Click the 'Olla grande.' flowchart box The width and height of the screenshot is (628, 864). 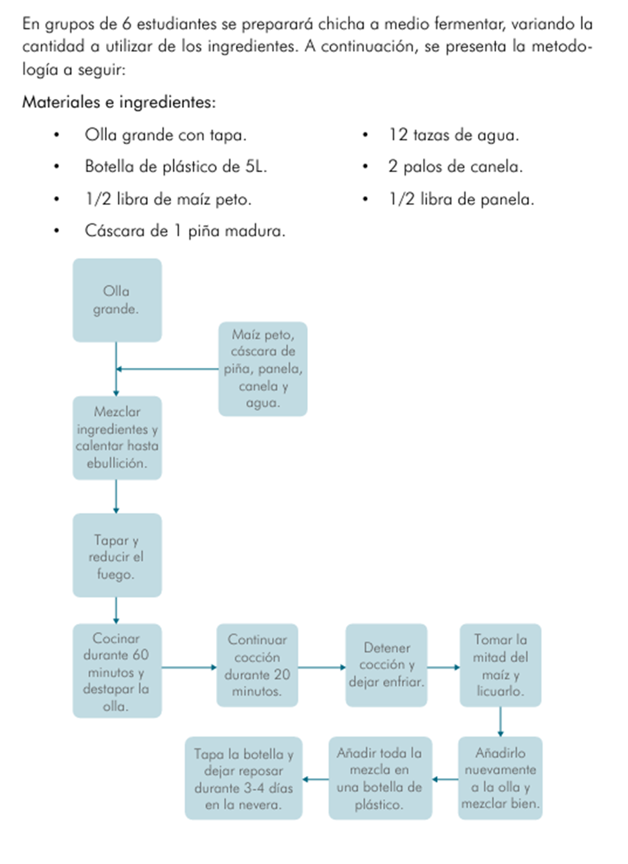tap(117, 300)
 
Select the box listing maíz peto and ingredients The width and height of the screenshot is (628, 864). tap(263, 369)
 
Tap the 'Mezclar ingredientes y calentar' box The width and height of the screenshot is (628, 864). tap(117, 438)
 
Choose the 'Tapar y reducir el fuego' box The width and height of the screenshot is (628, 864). tap(117, 555)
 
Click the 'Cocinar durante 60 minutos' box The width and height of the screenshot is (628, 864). tap(117, 670)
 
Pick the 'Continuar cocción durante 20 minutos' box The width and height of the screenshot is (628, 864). tap(257, 665)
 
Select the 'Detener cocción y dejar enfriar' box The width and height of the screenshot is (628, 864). tap(386, 665)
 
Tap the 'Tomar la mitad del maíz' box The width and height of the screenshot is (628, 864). tap(500, 665)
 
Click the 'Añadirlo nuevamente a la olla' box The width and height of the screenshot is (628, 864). tap(500, 778)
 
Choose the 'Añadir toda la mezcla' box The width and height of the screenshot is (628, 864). tap(380, 778)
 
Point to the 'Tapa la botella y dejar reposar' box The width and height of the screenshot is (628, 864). tap(244, 778)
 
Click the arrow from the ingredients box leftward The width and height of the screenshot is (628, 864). tap(167, 369)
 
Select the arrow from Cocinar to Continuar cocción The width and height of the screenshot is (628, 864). tap(189, 667)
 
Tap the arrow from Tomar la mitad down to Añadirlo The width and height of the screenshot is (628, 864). tap(500, 722)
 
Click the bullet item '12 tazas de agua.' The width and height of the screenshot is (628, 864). tap(453, 135)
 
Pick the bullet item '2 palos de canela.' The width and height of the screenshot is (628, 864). tap(455, 167)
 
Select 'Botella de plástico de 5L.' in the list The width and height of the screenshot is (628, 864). tap(175, 167)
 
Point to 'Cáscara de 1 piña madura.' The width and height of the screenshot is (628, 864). tap(184, 231)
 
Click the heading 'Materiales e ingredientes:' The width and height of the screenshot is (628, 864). tap(119, 102)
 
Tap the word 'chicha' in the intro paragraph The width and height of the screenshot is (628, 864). tap(341, 24)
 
